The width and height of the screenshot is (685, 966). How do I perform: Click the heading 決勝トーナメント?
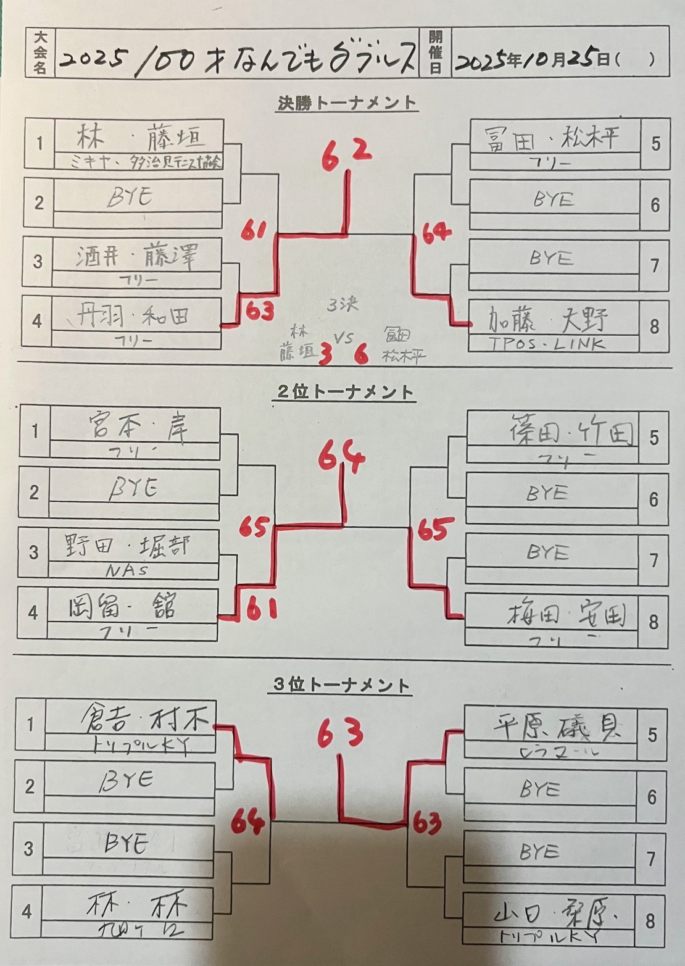click(x=346, y=103)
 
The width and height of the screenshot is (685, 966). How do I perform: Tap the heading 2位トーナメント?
click(x=344, y=392)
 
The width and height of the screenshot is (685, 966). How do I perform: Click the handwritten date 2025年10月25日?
click(x=534, y=60)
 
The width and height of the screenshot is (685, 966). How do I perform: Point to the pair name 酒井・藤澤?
click(x=136, y=256)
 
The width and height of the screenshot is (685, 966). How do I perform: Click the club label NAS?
click(x=127, y=570)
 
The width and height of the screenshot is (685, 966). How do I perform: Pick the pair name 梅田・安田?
click(x=567, y=614)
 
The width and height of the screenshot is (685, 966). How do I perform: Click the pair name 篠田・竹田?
click(x=571, y=430)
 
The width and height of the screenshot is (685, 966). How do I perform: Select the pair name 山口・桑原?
click(x=557, y=915)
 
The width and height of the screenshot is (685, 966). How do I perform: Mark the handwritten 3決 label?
click(x=342, y=304)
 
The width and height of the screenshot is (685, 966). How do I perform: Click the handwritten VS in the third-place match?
click(x=343, y=338)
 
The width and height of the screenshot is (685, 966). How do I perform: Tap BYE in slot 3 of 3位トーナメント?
click(x=127, y=843)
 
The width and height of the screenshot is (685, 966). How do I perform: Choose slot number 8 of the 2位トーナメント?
click(x=654, y=622)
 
